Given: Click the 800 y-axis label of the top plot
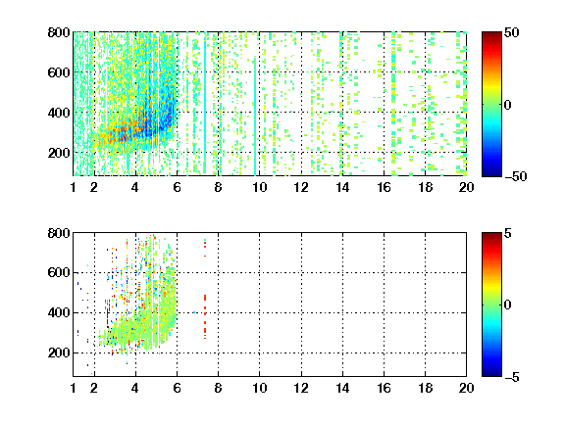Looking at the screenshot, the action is pos(59,32).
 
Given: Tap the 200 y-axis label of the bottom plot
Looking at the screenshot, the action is pos(59,352).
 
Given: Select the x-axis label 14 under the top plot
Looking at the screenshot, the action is pos(342,187).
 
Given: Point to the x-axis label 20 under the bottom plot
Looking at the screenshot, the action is pos(466,388).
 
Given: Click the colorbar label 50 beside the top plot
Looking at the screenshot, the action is pos(511,32).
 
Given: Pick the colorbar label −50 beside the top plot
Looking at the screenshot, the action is pos(516,176).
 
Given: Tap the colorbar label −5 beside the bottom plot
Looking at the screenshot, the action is pos(512,377).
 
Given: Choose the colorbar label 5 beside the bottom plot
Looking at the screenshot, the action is pos(508,233).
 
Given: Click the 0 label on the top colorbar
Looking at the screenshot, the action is pos(508,105).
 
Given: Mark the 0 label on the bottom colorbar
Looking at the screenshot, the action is pos(508,305).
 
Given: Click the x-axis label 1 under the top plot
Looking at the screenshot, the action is pos(74,187).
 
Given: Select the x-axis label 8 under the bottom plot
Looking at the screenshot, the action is pos(218,388).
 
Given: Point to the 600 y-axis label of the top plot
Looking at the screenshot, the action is pos(59,72).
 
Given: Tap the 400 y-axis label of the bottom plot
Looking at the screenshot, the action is pos(59,312).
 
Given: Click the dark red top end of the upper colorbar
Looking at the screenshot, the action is pos(491,33).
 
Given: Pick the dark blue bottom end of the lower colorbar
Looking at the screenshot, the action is pos(491,374).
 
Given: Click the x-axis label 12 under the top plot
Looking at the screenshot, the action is pos(301,187).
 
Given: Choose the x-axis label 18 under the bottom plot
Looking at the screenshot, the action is pos(425,388).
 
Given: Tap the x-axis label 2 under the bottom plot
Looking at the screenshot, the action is pos(94,388).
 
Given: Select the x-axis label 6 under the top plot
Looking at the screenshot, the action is pos(177,187).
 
